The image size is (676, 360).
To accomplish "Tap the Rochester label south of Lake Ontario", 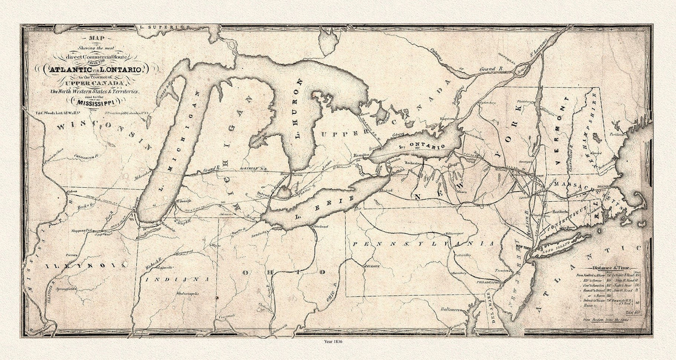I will pyautogui.click(x=411, y=164).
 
